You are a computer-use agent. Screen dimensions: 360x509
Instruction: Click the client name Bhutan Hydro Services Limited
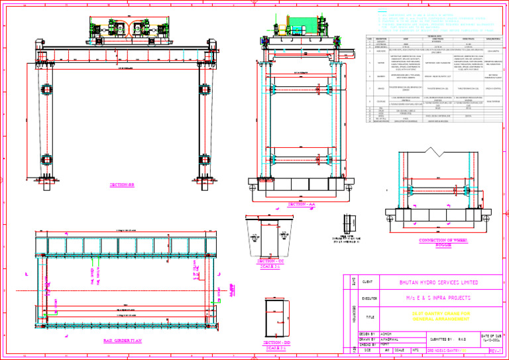coord(441,282)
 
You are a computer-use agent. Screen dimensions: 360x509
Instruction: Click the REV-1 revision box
coord(494,350)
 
